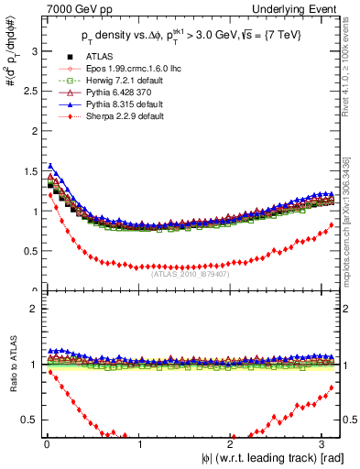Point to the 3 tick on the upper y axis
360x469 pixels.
[x=34, y=52]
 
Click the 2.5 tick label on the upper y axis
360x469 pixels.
[x=30, y=92]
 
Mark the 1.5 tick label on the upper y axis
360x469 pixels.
[x=30, y=171]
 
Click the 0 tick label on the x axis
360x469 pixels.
[x=46, y=444]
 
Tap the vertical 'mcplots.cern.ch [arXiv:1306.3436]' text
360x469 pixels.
[x=351, y=202]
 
